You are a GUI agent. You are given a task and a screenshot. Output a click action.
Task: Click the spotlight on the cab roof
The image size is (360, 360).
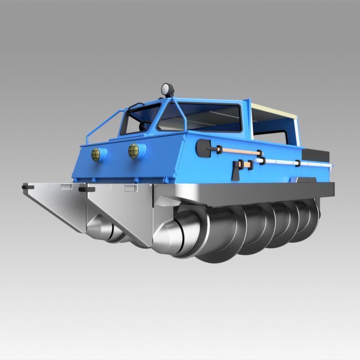click(x=168, y=89)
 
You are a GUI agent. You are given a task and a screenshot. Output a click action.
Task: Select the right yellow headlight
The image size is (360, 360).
click(x=134, y=151)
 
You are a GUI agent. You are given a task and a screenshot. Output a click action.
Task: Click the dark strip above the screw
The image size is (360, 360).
click(x=252, y=192)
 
